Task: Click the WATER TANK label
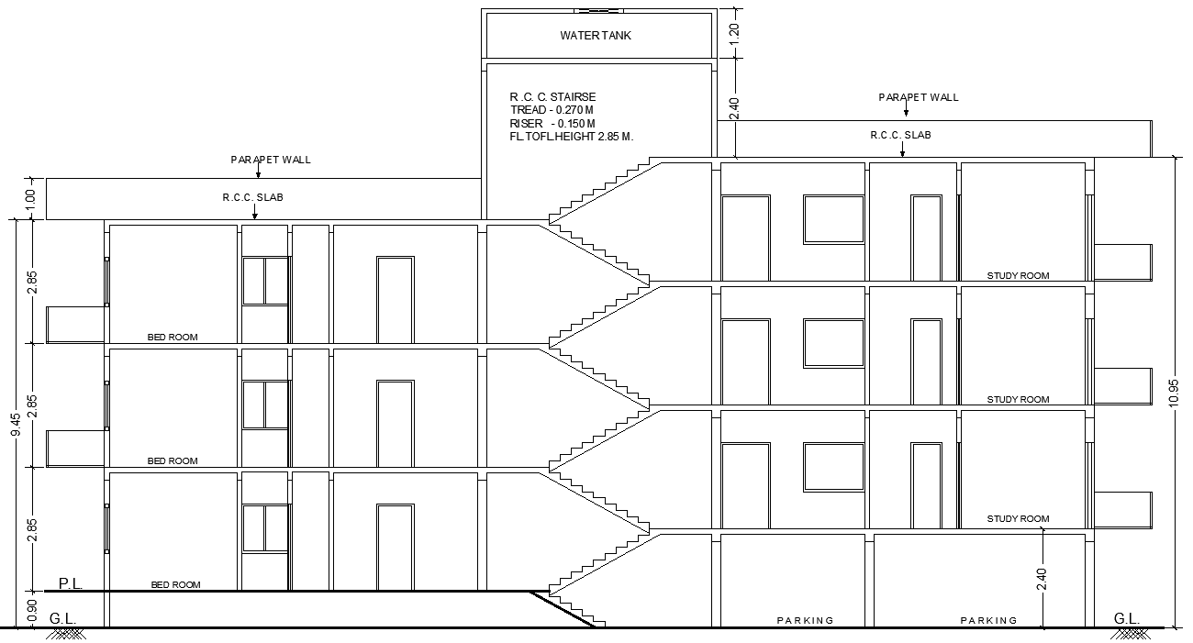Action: point(596,36)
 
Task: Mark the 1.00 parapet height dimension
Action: point(31,197)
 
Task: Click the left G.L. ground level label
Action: point(63,619)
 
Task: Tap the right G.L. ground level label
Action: point(1127,619)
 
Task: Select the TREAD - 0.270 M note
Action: point(552,110)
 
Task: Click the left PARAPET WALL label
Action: point(271,160)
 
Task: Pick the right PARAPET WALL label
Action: point(919,97)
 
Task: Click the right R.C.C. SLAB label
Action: point(900,135)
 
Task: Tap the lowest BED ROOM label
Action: point(174,584)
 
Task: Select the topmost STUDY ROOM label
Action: point(1018,275)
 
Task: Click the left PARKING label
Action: point(805,620)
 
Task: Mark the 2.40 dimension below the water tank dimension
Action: point(734,108)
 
